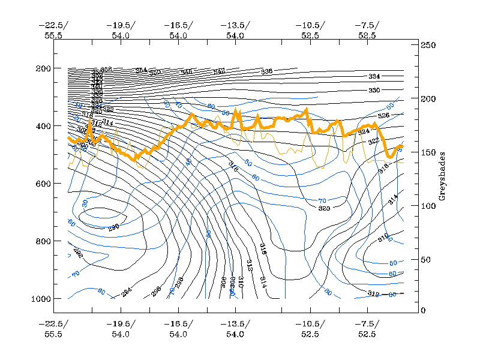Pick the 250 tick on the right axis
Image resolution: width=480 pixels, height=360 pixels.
coord(427,46)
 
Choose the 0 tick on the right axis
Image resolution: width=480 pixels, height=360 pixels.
coord(423,310)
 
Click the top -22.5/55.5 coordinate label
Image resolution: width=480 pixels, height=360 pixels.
coord(53,30)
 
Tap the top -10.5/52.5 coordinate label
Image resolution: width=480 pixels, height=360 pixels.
coord(310,30)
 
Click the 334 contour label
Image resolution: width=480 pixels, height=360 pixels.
coord(374,77)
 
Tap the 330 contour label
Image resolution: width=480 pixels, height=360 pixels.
coord(374,90)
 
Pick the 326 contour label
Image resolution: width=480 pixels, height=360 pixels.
coord(383,115)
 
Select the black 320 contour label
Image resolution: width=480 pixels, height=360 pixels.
coord(325,208)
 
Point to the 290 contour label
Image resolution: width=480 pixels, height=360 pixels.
coord(113,227)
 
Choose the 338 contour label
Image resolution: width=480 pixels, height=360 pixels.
coord(266,71)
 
